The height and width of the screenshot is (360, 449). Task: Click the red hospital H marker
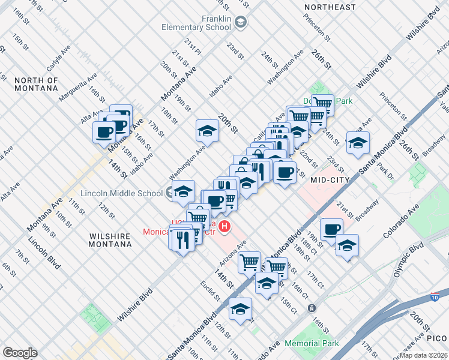pos(224,226)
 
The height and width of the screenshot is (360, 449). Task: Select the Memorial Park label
pos(312,344)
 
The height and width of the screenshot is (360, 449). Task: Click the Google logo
pos(20,353)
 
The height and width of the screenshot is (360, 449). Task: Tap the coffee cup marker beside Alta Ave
pos(104,131)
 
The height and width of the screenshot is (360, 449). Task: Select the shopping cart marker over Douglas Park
pos(323,104)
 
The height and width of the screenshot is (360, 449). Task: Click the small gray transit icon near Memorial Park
pos(312,308)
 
